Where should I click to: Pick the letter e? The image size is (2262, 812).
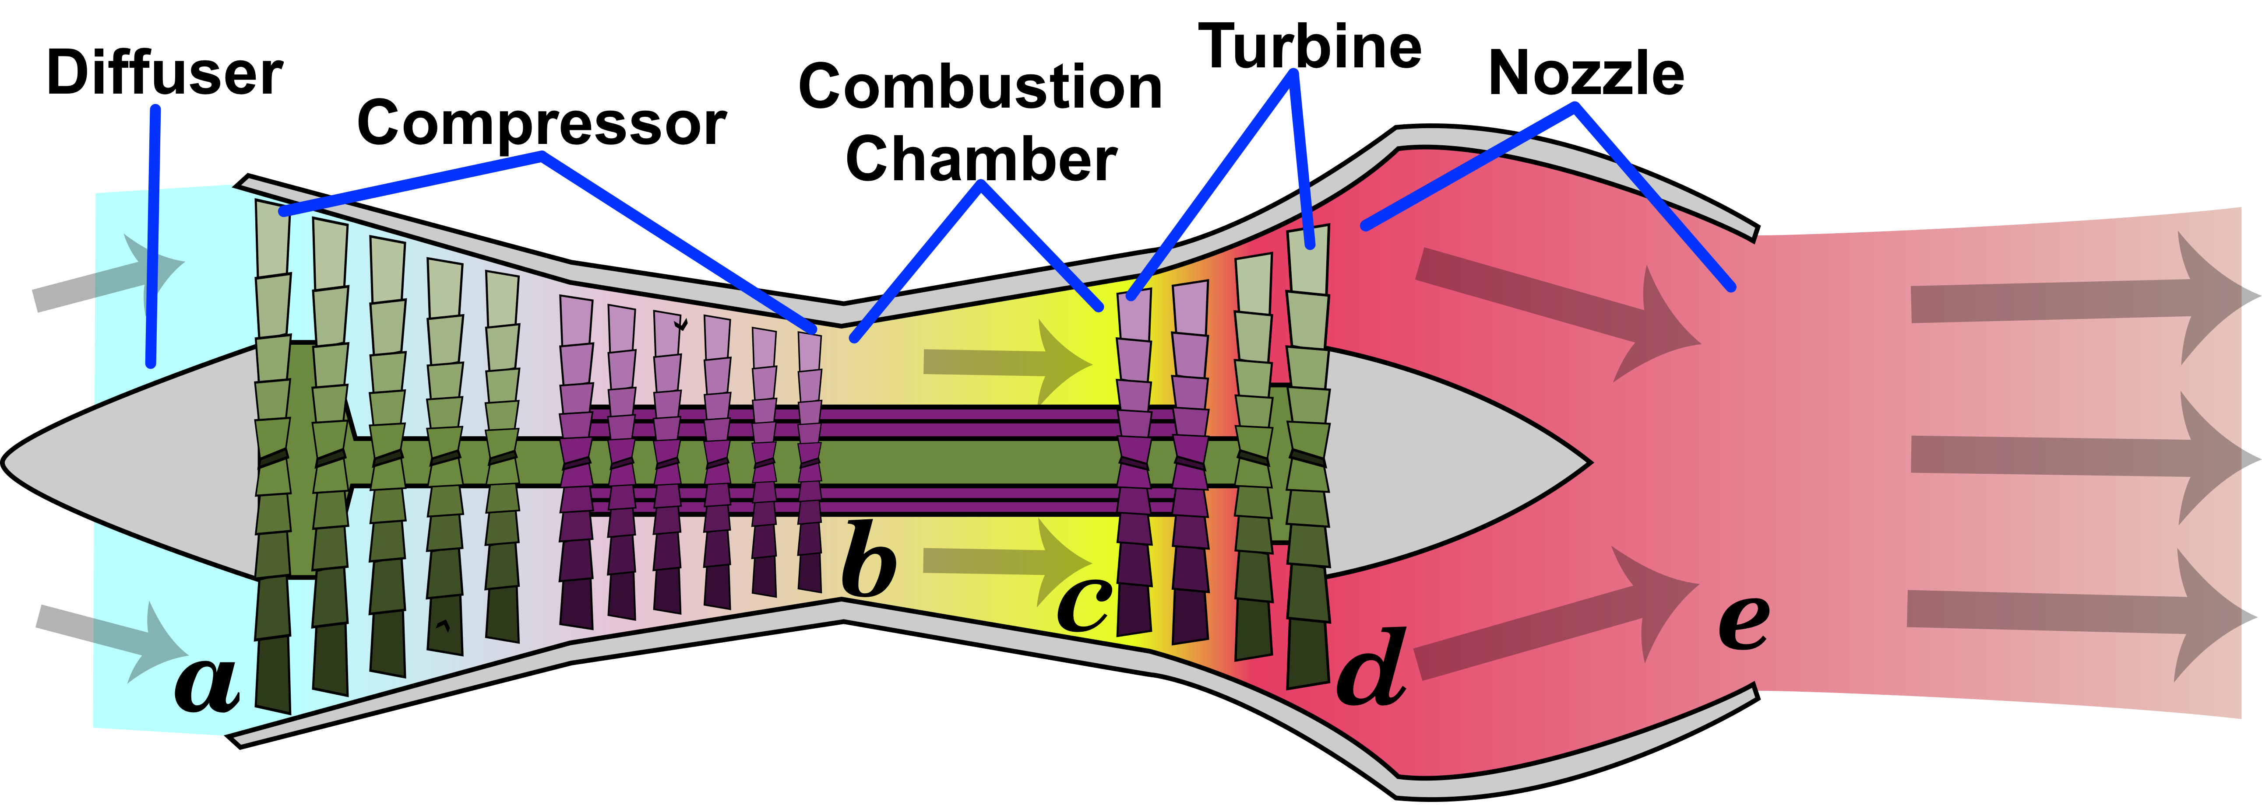[x=1743, y=623]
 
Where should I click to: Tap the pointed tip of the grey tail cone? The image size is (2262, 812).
[x=1589, y=460]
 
